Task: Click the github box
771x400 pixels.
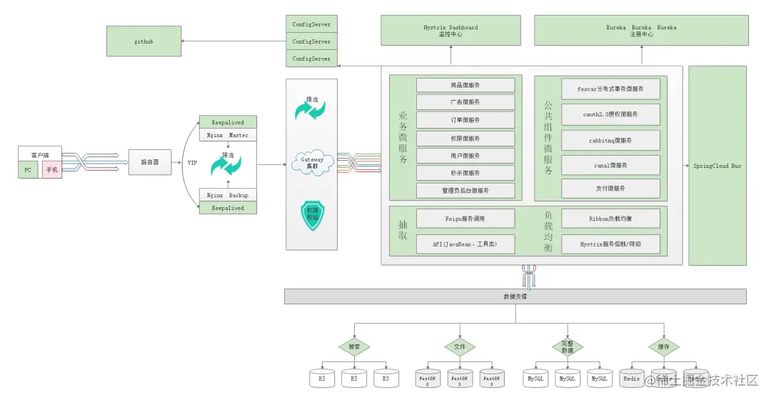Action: tap(143, 41)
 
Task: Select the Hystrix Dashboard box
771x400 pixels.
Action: tap(451, 31)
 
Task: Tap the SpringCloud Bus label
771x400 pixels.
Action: tap(717, 166)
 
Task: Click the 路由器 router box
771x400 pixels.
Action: tap(150, 163)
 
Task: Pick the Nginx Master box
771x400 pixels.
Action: tap(228, 135)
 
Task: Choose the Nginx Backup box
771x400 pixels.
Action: tap(228, 195)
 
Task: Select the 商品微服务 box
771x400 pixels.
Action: tap(465, 86)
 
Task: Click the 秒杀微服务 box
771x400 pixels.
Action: tap(465, 173)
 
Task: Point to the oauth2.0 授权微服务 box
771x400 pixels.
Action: tap(610, 114)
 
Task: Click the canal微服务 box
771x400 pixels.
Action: tap(610, 166)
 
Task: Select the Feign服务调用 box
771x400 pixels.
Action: tap(465, 217)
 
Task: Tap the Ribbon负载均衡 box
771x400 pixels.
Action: tap(610, 217)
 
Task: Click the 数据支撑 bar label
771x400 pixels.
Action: tap(515, 296)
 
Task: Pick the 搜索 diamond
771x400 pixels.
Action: tap(354, 347)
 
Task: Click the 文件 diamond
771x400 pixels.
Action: tap(460, 347)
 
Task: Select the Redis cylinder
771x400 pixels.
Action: tap(632, 379)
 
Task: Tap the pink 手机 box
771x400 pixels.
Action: tap(52, 170)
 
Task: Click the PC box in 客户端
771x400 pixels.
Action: tap(29, 170)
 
